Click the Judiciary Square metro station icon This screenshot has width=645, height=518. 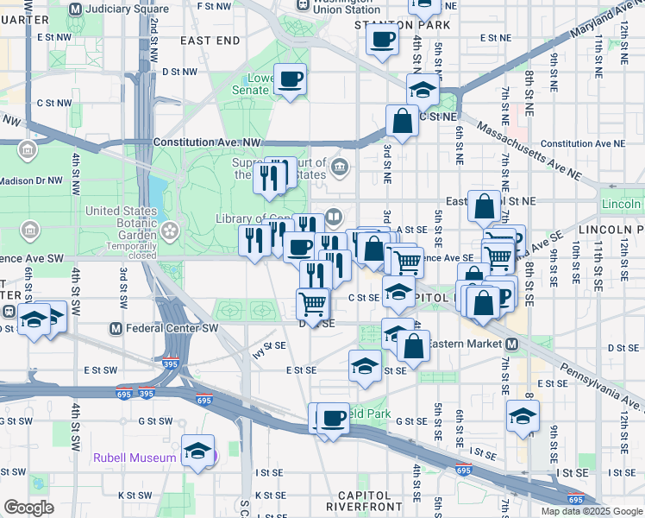75,9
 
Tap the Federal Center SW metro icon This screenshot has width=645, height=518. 116,329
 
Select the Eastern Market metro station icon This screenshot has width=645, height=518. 511,344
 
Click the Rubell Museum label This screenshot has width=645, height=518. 134,458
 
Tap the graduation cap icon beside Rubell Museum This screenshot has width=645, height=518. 198,451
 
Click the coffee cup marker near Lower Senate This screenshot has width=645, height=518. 290,80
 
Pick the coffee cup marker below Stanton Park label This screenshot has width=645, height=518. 382,38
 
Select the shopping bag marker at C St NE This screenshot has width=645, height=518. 403,122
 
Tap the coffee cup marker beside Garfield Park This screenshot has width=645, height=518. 333,419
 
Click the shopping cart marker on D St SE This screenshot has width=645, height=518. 312,303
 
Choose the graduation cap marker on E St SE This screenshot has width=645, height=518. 366,365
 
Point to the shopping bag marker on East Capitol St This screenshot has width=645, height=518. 485,206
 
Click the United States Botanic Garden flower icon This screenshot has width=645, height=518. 170,231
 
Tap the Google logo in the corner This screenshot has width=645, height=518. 28,508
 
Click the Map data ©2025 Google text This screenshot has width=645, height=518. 592,511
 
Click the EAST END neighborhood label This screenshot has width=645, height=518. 210,41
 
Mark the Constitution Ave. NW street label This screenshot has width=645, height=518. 206,142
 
